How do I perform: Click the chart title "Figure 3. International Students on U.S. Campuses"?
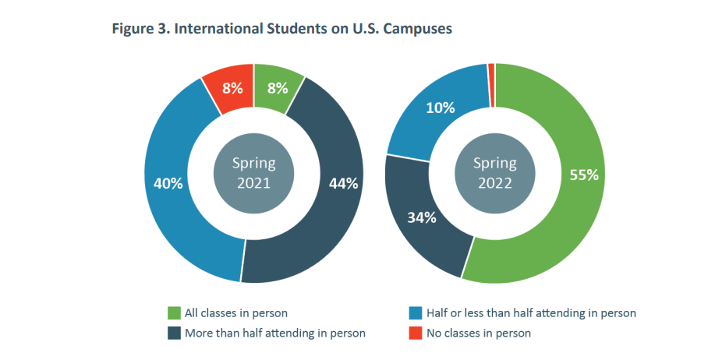(x=282, y=29)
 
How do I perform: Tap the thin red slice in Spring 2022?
(x=491, y=75)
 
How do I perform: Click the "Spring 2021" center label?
(x=253, y=173)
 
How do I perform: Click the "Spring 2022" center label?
(x=495, y=173)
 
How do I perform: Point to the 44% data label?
(x=344, y=184)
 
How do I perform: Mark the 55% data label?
(x=584, y=175)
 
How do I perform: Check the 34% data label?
(x=421, y=217)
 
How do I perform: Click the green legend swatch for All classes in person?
(x=175, y=313)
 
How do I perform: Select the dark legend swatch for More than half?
(x=175, y=333)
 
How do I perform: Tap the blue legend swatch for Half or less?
(x=416, y=313)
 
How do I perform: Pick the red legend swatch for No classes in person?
(x=416, y=333)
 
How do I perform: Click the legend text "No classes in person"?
(x=479, y=333)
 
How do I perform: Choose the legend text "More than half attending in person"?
(x=275, y=333)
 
